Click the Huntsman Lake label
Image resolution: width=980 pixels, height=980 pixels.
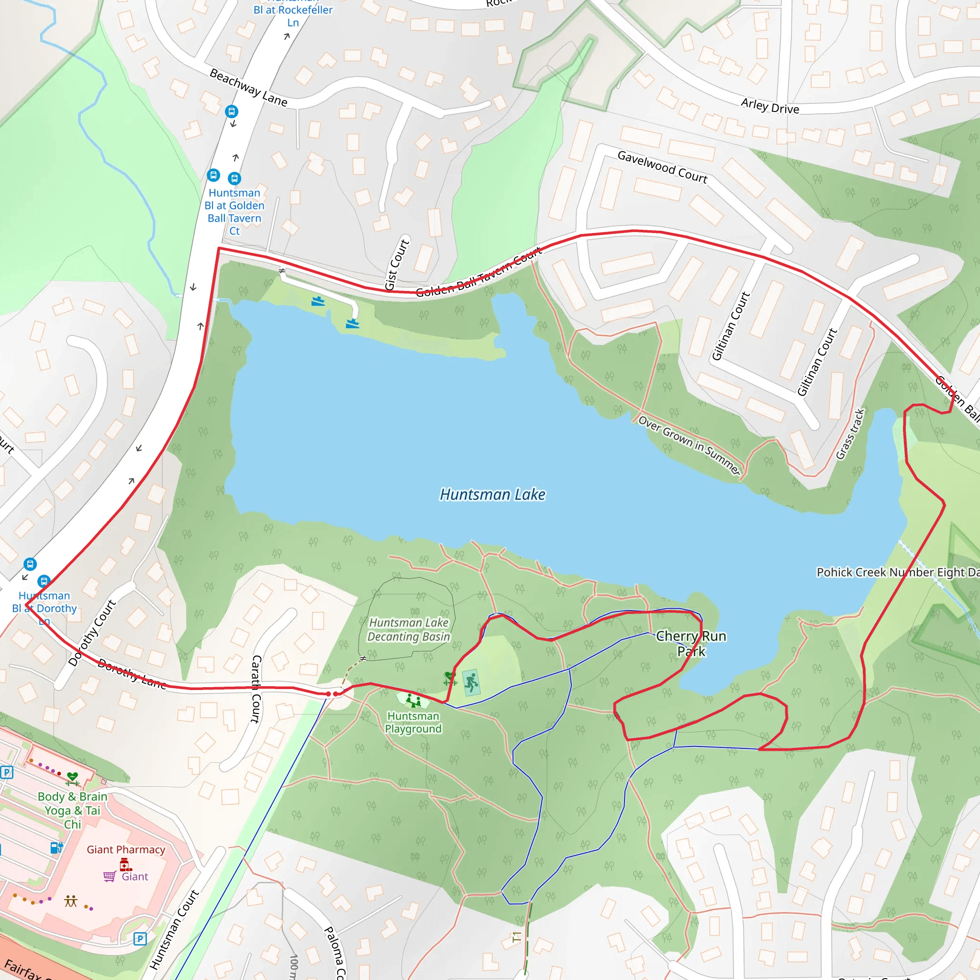click(492, 495)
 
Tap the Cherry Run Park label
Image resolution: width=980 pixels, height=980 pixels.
click(691, 644)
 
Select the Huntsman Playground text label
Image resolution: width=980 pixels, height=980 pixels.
click(413, 722)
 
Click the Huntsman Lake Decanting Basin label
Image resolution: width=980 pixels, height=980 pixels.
click(408, 630)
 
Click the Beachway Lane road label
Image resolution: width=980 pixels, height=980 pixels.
click(248, 88)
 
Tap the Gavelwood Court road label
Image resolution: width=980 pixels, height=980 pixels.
click(662, 167)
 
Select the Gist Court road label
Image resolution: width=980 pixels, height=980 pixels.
click(397, 265)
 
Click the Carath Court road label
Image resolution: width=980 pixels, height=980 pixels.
click(256, 688)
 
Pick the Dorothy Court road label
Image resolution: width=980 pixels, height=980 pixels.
click(92, 633)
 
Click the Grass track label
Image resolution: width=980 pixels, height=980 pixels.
click(850, 434)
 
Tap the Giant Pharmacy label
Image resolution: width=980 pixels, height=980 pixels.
click(126, 850)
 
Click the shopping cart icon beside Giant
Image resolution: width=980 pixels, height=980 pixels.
click(109, 877)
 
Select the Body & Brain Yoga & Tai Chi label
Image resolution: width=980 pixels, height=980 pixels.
click(73, 810)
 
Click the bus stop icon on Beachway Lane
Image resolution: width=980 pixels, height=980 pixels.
click(231, 111)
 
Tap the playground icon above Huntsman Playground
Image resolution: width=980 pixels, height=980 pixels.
click(414, 701)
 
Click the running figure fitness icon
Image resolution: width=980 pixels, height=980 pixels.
click(471, 682)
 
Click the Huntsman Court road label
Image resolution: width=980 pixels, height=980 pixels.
click(174, 930)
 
